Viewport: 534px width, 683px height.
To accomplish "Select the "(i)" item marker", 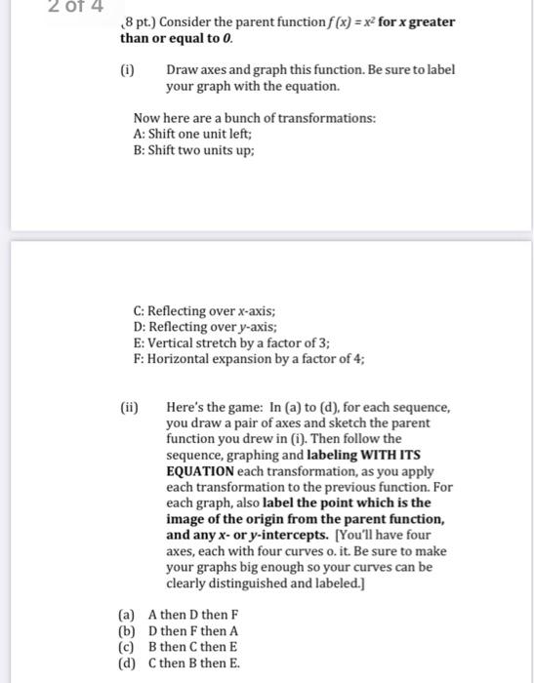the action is click(127, 70).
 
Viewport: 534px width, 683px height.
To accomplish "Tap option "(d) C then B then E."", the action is click(180, 662).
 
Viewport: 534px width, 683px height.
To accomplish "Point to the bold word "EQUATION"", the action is click(202, 470).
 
